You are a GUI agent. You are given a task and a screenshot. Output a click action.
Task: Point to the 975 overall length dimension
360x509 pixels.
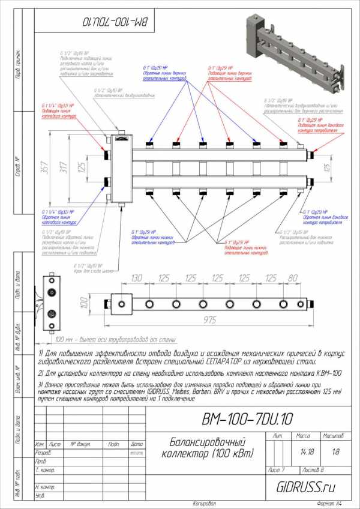[209, 320]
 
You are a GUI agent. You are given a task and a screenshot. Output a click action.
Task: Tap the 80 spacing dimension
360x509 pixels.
[292, 278]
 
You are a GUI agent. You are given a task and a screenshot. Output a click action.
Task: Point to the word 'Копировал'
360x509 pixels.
[204, 502]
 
